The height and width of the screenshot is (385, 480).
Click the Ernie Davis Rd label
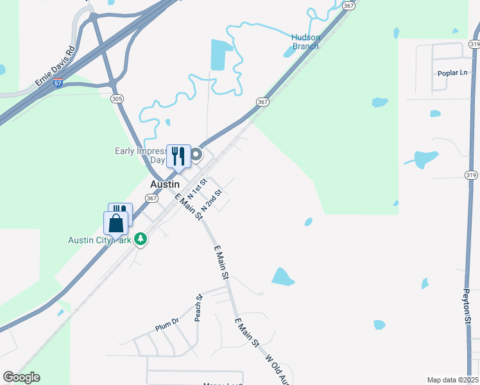(55, 66)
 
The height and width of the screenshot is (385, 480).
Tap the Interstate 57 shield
(58, 84)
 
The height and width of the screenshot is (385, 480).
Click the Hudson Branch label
(305, 42)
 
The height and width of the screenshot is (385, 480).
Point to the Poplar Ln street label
(452, 73)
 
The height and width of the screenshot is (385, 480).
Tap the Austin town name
(164, 184)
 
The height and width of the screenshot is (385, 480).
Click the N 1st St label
(195, 189)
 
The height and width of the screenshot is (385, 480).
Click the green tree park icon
(141, 239)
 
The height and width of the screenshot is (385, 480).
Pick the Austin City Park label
(99, 240)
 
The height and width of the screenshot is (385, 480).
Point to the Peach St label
(198, 308)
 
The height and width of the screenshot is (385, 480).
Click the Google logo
(21, 377)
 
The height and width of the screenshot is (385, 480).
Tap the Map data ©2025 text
(452, 380)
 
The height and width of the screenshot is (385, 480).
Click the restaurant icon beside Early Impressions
(178, 155)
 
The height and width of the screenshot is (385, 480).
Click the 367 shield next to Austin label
(151, 198)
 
